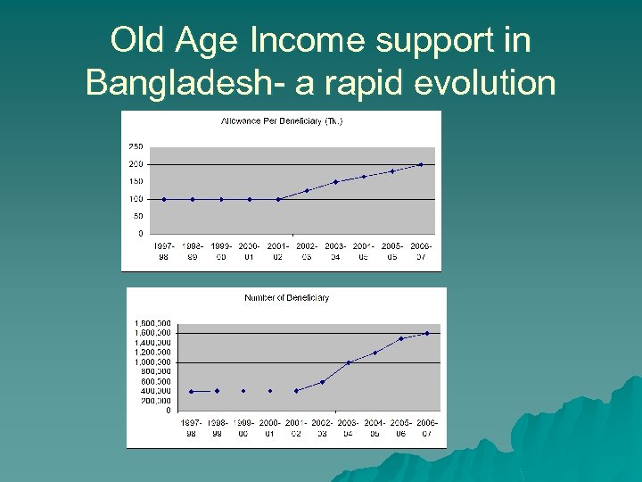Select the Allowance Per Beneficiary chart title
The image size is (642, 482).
click(x=282, y=120)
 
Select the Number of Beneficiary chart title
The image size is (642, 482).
click(x=286, y=297)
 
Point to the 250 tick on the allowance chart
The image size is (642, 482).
click(x=136, y=146)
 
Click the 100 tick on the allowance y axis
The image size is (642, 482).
click(x=136, y=198)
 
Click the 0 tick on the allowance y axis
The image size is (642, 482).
click(x=139, y=233)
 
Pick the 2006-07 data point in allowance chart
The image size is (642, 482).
click(x=420, y=164)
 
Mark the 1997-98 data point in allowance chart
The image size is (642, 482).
click(x=164, y=199)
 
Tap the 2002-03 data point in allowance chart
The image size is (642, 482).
click(x=307, y=190)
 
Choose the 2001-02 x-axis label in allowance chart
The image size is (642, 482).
click(x=277, y=250)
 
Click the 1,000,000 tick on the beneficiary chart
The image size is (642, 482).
click(x=152, y=361)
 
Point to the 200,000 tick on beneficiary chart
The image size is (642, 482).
click(x=155, y=401)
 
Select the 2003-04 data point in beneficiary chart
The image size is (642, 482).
click(x=349, y=362)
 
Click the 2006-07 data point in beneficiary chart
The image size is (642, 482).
click(x=427, y=333)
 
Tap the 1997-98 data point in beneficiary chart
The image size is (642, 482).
click(x=191, y=391)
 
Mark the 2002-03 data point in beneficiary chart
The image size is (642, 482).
click(x=322, y=382)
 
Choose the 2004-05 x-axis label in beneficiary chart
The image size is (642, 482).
click(x=374, y=427)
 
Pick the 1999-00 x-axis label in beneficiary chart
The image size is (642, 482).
click(x=243, y=427)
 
